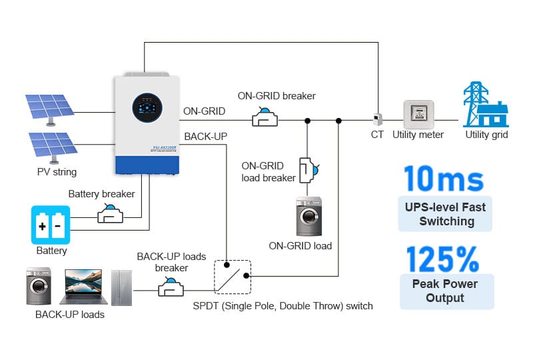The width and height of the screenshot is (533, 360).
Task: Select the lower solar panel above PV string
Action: coord(52,147)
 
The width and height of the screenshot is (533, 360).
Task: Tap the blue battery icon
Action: coord(51,225)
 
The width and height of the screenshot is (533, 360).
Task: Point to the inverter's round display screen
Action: coord(147,106)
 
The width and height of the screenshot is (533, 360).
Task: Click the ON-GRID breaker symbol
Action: coord(265,118)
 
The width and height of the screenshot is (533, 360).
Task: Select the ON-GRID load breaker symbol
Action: coord(307,170)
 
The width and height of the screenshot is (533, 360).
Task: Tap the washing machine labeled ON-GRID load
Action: coord(308,216)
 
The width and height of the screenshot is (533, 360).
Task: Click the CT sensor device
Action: coord(378,119)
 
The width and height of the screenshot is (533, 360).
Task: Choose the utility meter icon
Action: coord(418,114)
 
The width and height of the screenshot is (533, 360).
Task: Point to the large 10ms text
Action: coord(444,179)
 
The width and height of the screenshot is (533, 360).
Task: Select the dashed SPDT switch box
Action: coord(232,277)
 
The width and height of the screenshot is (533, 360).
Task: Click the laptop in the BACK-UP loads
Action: coord(84,287)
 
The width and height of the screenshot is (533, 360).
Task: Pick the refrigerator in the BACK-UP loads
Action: coord(121,287)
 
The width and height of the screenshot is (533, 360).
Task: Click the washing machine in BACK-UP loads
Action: coord(39,287)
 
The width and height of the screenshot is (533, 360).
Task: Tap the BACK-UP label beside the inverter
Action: coord(205,137)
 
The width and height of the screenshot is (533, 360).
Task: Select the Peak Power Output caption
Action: coord(446,291)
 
